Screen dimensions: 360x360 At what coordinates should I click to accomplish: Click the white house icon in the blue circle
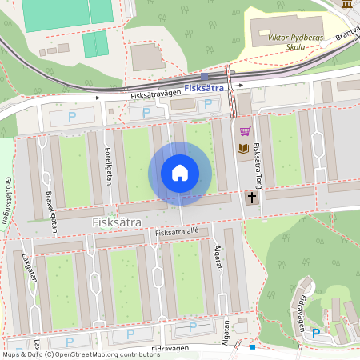pos(180,173)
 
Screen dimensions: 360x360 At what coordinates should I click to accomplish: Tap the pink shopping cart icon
pos(245,131)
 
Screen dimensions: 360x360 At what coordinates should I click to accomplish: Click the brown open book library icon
pos(242,148)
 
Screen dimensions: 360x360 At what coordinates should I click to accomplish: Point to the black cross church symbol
pos(251,196)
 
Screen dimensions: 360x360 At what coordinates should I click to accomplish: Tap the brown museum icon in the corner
pos(346,4)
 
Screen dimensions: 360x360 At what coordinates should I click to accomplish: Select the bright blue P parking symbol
pos(315,333)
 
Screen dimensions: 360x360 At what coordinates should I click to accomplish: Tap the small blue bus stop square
pos(253,347)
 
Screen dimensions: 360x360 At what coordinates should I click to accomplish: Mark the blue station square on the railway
pos(205,78)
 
